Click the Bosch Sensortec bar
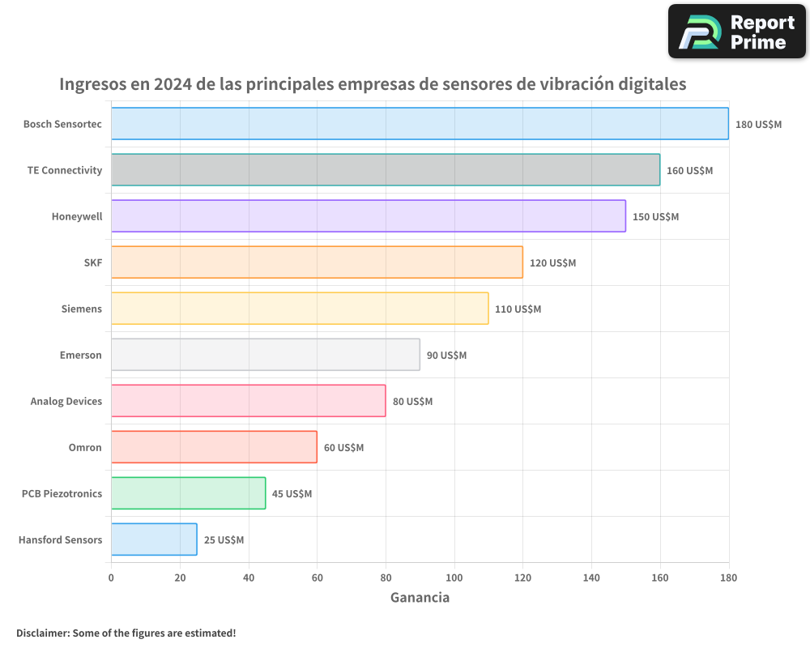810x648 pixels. (420, 124)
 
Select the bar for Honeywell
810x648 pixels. (369, 216)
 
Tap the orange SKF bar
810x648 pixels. (317, 262)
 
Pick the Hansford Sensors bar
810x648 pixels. (154, 539)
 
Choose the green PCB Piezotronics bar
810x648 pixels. (188, 493)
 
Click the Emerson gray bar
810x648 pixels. (266, 355)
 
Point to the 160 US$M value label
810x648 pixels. (689, 171)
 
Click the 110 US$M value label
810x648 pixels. (518, 309)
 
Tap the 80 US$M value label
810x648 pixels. (412, 402)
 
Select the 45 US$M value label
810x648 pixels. (292, 494)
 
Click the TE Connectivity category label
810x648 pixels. (65, 170)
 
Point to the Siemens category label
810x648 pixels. (82, 309)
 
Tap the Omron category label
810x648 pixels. (85, 447)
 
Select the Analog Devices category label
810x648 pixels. (66, 401)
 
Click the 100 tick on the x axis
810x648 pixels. (454, 578)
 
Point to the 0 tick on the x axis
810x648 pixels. (111, 578)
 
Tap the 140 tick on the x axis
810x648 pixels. (591, 578)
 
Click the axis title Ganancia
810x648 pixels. (420, 598)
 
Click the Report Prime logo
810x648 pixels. (736, 32)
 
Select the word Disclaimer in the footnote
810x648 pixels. (41, 633)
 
